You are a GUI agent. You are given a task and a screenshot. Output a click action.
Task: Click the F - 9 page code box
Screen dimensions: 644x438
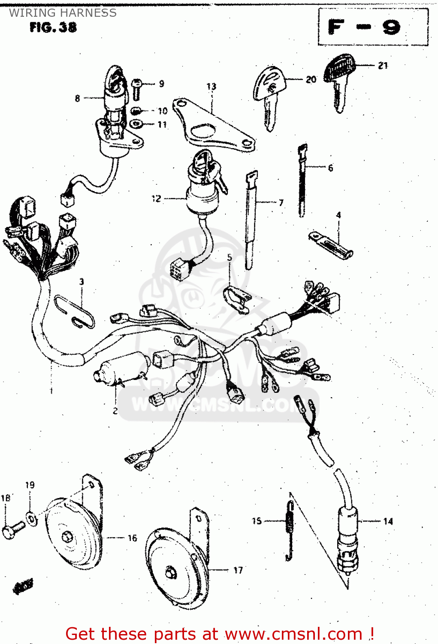tap(372, 27)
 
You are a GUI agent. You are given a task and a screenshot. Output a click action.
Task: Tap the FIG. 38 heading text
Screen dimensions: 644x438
tap(53, 27)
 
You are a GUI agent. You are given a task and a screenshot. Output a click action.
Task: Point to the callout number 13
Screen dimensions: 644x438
tap(211, 87)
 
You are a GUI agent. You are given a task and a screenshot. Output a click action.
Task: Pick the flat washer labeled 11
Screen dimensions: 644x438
tap(136, 125)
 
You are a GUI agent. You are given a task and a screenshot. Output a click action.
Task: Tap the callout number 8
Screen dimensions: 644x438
tap(77, 98)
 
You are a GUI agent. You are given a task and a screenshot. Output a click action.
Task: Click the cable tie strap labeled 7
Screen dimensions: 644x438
tap(250, 219)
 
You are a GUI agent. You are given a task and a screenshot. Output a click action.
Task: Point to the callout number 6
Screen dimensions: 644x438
tap(330, 168)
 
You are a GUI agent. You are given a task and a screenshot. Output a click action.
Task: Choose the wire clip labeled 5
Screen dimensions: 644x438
tap(236, 298)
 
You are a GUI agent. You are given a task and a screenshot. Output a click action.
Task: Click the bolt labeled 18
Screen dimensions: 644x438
tap(13, 529)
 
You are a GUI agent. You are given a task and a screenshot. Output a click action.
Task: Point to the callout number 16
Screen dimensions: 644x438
tap(132, 538)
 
